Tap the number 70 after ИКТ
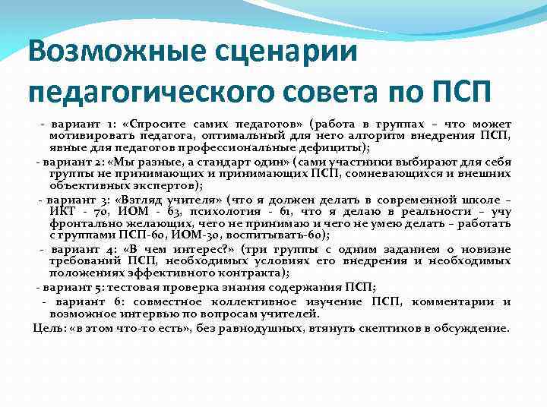click(x=97, y=211)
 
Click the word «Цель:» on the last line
click(x=49, y=327)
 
